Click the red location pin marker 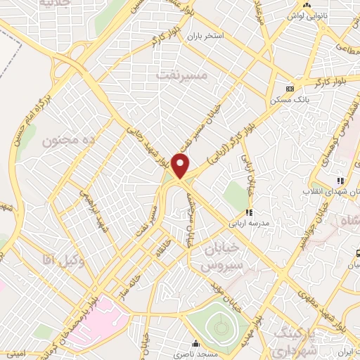pyautogui.click(x=181, y=166)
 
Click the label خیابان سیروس pyautogui.click(x=214, y=257)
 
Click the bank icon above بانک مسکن pyautogui.click(x=289, y=89)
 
